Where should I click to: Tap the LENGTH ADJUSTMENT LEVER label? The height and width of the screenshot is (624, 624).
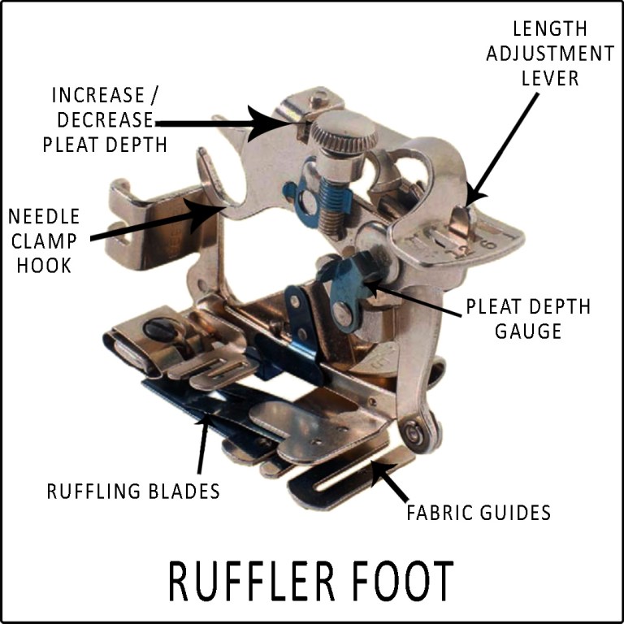point(561,54)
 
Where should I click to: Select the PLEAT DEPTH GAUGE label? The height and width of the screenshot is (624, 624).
point(527,318)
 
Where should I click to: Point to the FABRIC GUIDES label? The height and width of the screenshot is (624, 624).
point(479,513)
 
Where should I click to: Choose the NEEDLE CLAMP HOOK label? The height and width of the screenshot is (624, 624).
point(44,241)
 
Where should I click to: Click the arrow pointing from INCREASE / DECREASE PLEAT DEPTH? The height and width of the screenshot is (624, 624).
point(227,123)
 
